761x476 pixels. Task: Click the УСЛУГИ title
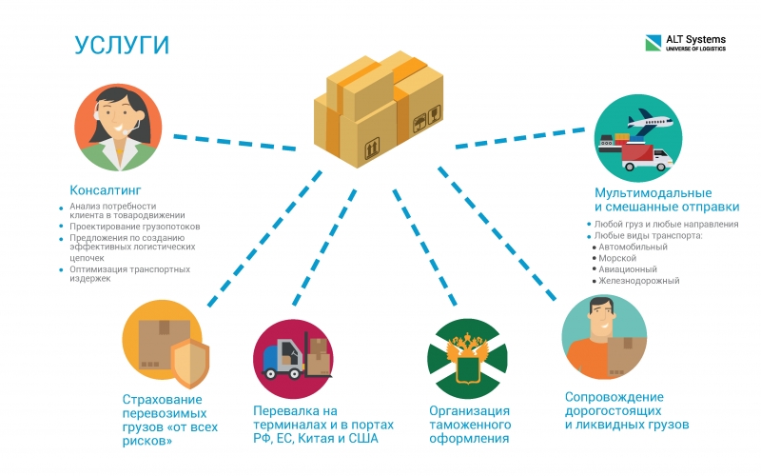[122, 45]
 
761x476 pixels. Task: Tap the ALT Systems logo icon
[653, 43]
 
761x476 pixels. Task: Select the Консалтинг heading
[106, 189]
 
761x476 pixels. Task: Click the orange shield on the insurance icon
[189, 363]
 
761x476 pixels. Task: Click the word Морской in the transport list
[616, 258]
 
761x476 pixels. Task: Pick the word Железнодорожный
[638, 281]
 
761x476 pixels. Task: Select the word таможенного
[470, 425]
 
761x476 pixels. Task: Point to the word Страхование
[162, 400]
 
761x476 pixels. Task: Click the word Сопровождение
[614, 397]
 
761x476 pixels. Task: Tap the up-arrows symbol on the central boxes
[372, 149]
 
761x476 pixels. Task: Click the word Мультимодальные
[653, 193]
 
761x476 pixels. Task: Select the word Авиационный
[628, 269]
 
